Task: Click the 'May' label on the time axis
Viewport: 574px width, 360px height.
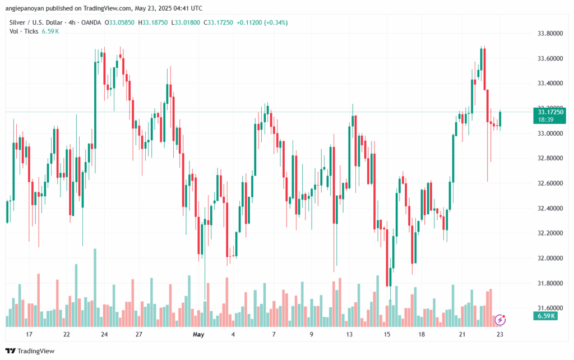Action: click(x=198, y=335)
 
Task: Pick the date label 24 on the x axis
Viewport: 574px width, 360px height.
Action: click(x=104, y=335)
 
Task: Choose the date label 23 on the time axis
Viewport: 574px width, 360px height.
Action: click(x=499, y=335)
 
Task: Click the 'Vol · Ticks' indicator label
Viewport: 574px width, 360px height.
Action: click(x=24, y=31)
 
